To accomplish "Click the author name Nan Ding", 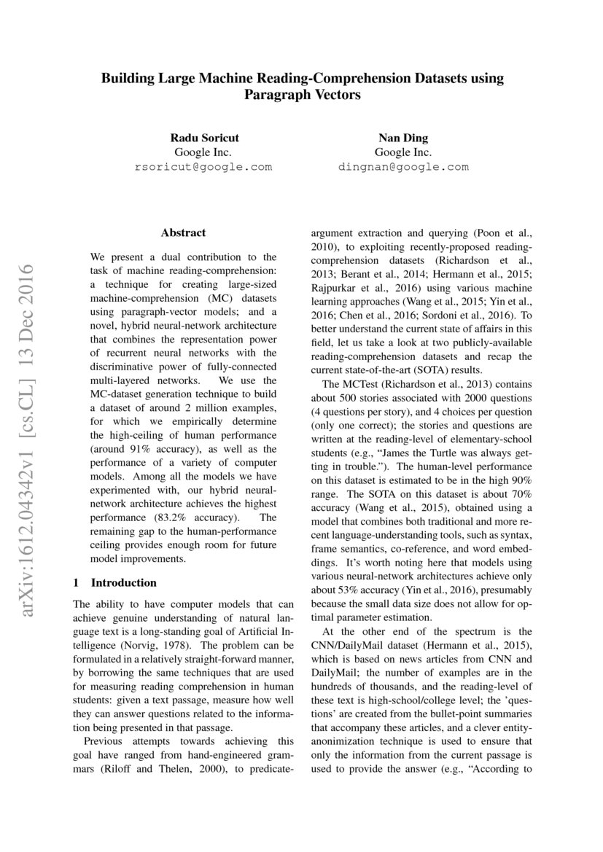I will (402, 138).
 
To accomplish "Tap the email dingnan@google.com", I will (402, 167).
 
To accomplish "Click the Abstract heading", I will (183, 233).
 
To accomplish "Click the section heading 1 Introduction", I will (115, 582).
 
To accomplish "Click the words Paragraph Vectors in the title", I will (302, 95).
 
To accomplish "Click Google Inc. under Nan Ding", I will (402, 152).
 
